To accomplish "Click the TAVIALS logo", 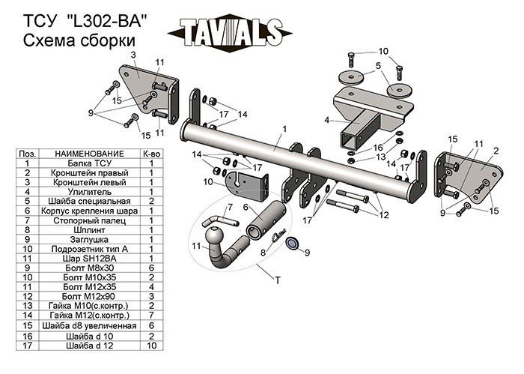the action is point(231,32).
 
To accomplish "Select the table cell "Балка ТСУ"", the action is point(90,163).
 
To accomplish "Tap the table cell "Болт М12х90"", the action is point(90,296).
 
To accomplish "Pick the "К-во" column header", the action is point(151,154).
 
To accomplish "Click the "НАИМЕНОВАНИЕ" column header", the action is point(90,154).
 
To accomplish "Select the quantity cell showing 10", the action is point(151,346).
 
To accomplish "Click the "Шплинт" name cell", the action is point(90,230).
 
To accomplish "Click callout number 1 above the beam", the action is point(284,129).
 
